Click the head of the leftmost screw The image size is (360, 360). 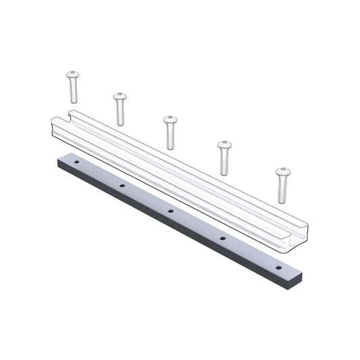click(72, 74)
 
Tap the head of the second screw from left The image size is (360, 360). click(120, 96)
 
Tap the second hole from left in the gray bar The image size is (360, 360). click(122, 185)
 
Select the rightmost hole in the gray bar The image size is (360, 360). click(277, 267)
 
